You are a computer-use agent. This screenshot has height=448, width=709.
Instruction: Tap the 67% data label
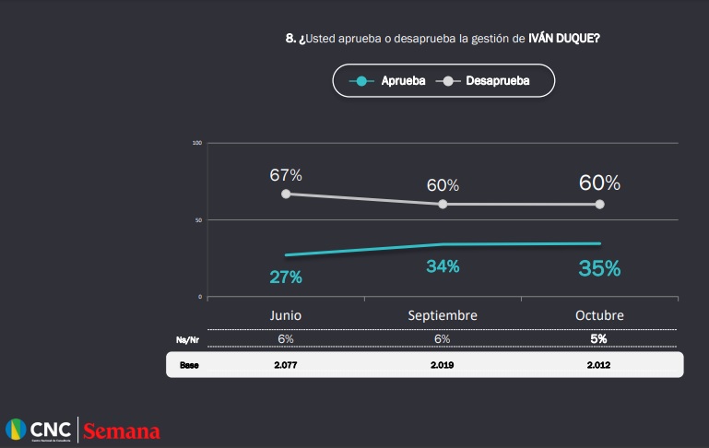pos(286,175)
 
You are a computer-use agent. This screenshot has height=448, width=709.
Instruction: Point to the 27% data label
pos(286,276)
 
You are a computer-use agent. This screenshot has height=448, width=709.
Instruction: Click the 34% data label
pos(443,266)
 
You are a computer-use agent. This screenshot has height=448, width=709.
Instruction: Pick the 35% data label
pos(599,268)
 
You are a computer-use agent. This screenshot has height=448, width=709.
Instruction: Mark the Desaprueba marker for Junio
pos(286,194)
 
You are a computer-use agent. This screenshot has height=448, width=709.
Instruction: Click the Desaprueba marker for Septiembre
pos(443,204)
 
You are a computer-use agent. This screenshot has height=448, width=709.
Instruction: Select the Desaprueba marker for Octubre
pos(599,204)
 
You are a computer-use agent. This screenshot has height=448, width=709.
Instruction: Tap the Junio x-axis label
pos(286,315)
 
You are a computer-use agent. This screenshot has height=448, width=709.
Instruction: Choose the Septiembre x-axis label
pos(443,315)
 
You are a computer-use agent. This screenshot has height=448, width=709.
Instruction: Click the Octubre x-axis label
pos(599,315)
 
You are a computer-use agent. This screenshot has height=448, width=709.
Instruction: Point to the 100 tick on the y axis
pos(197,143)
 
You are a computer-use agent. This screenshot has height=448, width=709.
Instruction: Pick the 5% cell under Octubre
pos(599,339)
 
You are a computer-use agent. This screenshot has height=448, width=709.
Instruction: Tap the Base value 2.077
pos(286,365)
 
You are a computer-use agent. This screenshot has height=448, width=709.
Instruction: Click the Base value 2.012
pos(599,365)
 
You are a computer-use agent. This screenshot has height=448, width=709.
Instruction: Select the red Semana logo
pos(123,430)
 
